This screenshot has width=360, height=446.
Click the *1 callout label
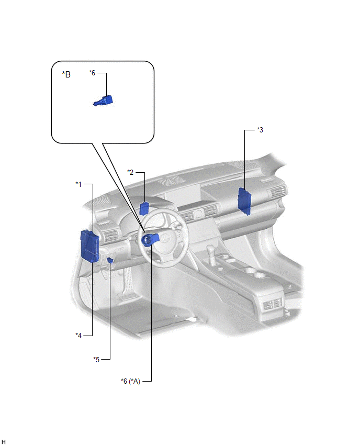(78, 184)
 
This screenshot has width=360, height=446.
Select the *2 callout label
(130, 172)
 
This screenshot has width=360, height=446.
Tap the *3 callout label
(260, 130)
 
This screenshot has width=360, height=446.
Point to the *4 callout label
(78, 336)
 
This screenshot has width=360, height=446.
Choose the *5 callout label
(96, 360)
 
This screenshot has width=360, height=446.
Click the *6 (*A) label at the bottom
(130, 381)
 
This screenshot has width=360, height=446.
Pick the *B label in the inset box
(66, 74)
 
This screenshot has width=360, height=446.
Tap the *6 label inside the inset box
(92, 73)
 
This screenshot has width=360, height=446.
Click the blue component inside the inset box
(103, 101)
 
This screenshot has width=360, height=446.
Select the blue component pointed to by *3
(244, 201)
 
